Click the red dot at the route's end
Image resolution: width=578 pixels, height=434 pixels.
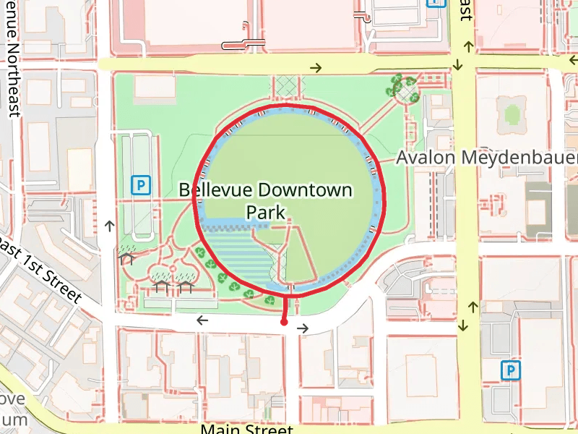coord(285,323)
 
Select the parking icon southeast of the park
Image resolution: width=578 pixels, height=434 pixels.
coord(511,371)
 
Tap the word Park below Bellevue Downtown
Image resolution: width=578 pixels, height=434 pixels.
coord(266,213)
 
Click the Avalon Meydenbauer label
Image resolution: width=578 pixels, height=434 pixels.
coord(488,157)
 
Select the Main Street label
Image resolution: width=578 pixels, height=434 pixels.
coord(246,428)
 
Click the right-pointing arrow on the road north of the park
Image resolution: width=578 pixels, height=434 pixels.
coord(316,68)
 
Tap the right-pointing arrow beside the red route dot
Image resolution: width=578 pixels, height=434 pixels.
coord(303,328)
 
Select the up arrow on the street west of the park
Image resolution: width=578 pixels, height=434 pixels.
coord(109,226)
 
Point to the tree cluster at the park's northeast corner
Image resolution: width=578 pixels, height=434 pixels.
coord(402,88)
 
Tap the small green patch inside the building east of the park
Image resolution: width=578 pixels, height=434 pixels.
coord(512,114)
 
